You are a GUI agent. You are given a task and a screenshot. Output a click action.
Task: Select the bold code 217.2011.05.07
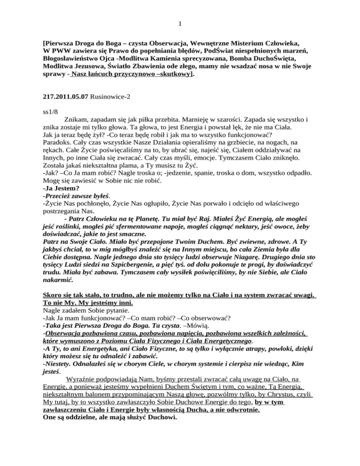[x=63, y=100]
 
